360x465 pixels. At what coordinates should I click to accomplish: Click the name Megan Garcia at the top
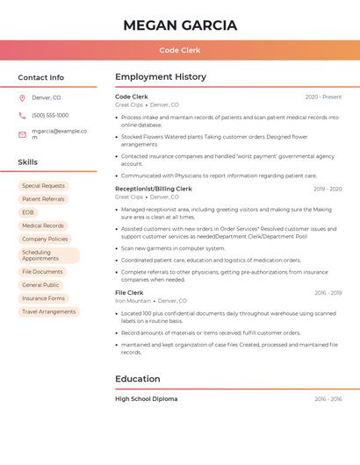180,25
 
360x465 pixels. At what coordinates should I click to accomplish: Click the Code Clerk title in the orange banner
180,50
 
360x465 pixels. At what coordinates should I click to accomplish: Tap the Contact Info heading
40,77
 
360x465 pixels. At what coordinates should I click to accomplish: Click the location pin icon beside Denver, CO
22,97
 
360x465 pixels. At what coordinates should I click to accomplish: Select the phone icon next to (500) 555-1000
22,116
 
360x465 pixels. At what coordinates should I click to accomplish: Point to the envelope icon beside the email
22,134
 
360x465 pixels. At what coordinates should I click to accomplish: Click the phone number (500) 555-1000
50,116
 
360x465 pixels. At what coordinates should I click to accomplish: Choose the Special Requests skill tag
43,186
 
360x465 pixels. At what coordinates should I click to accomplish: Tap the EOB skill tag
28,212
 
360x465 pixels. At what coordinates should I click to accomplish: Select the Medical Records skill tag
43,225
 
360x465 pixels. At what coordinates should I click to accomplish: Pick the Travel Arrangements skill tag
48,311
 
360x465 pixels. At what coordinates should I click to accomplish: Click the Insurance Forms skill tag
43,298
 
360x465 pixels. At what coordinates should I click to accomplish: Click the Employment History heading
161,77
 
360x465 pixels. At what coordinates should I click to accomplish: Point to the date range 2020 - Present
323,97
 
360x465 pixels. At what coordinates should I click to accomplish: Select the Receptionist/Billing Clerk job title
154,189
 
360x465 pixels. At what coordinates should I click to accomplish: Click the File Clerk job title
129,292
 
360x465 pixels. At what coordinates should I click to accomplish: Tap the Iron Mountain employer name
133,301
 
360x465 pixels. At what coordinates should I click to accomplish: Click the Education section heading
138,379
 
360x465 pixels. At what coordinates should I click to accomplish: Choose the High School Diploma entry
146,399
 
